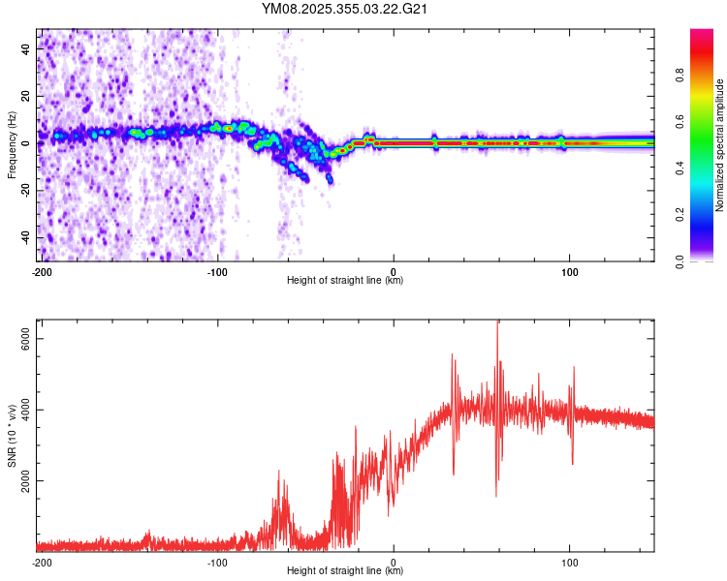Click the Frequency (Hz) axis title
click(12, 145)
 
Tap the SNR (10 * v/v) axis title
click(12, 437)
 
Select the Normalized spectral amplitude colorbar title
click(720, 145)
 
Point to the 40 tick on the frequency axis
click(26, 47)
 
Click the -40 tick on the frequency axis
click(26, 237)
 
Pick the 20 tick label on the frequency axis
click(26, 95)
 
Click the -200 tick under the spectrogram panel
click(41, 271)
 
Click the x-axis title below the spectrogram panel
click(346, 281)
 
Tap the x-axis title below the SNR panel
click(346, 571)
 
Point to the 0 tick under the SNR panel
click(394, 562)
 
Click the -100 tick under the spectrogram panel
click(217, 271)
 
